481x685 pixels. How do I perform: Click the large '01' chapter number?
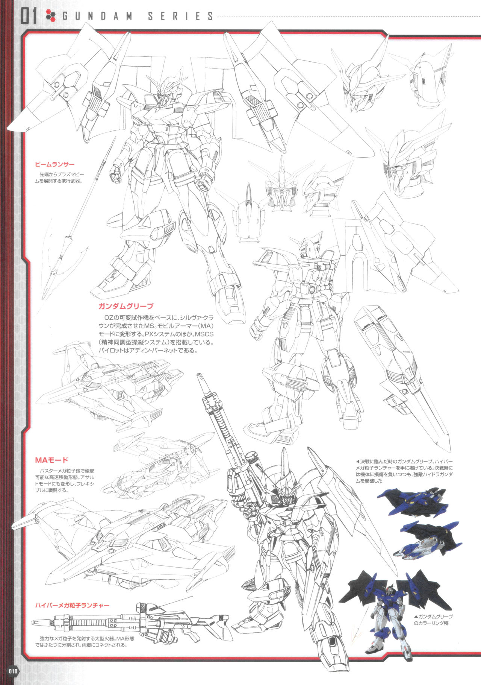pyautogui.click(x=29, y=17)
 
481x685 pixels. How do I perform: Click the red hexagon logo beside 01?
pyautogui.click(x=50, y=16)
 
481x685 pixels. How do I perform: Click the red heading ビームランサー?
pyautogui.click(x=54, y=164)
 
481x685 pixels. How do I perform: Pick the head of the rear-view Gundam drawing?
pyautogui.click(x=310, y=246)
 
